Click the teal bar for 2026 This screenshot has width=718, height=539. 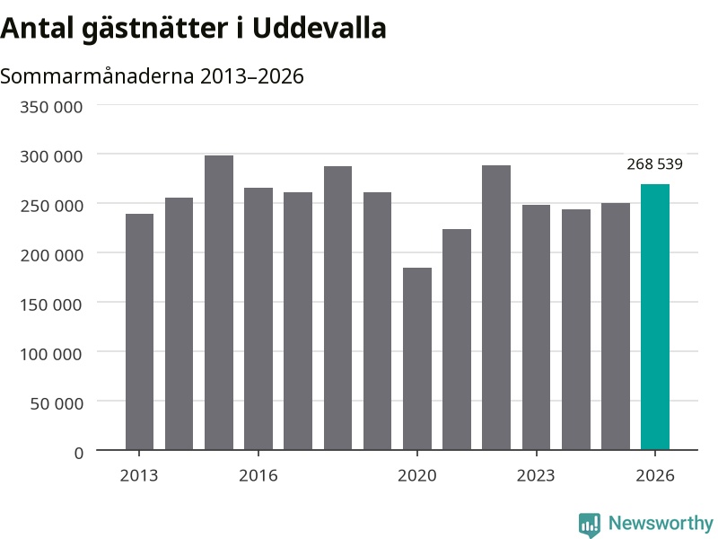coord(655,317)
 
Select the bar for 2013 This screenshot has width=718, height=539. coord(139,331)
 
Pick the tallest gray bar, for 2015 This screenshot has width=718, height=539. coord(219,303)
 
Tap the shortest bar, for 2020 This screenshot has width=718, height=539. coord(417,358)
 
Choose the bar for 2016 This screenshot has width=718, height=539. coord(258,319)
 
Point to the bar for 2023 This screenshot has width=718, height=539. coord(536,327)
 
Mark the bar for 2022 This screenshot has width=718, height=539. coord(496,307)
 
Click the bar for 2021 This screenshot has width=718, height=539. coord(457,340)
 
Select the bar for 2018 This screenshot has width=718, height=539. coord(338,308)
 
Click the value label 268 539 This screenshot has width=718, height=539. coord(655,164)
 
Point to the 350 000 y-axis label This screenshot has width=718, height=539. coord(51,107)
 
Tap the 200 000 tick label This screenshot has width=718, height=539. coord(51,255)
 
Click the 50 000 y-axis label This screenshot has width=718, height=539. coord(57,403)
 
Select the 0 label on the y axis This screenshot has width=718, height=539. coord(79,454)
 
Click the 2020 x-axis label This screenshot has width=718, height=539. coord(417,476)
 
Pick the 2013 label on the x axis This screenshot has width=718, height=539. coord(139,476)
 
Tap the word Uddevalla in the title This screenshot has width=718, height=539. coord(320,29)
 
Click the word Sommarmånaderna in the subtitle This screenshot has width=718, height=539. coord(97,76)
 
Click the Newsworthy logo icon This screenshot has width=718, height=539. coord(590,525)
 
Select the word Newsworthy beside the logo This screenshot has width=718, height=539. coord(661,523)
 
